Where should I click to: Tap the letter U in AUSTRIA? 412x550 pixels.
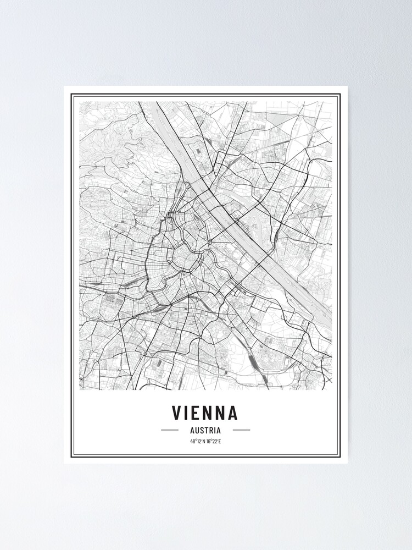196,430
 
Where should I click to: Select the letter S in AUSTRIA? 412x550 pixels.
202,430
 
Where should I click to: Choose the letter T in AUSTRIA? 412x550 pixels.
207,430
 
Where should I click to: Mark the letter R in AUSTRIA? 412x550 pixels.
211,430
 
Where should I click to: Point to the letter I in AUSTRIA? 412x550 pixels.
215,430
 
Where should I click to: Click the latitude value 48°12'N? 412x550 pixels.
197,441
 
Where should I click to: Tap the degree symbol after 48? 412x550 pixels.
195,440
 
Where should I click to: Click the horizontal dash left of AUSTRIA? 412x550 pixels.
170,430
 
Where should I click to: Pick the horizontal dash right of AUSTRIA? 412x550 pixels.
241,430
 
